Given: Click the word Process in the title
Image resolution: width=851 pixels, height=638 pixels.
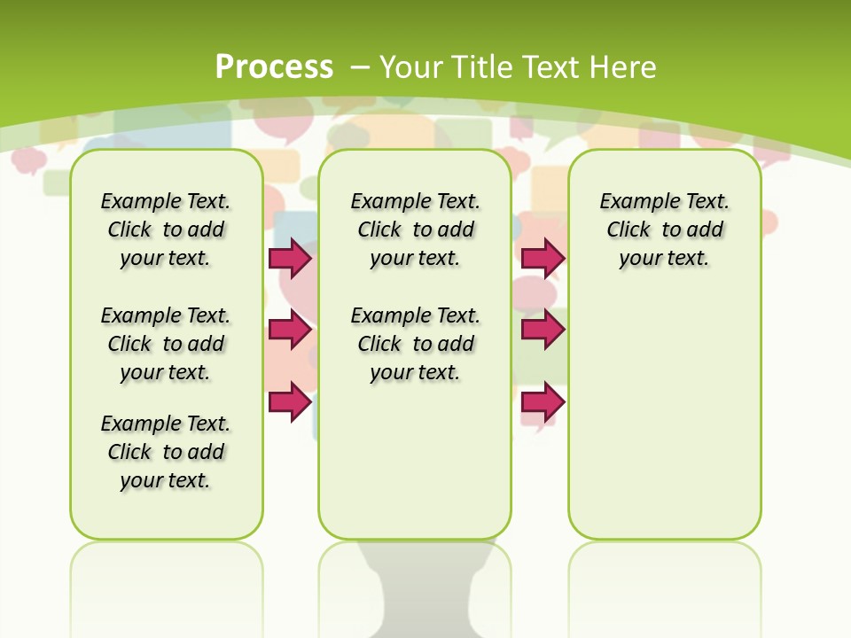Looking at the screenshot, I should pyautogui.click(x=274, y=66).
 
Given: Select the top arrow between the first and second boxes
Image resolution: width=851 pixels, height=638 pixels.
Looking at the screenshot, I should pyautogui.click(x=290, y=258).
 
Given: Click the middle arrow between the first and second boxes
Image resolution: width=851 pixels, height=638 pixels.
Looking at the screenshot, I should pyautogui.click(x=290, y=331).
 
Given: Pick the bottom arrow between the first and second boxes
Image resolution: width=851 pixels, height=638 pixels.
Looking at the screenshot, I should pyautogui.click(x=290, y=401).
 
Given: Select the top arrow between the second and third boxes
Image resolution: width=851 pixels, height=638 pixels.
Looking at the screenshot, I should pyautogui.click(x=543, y=258).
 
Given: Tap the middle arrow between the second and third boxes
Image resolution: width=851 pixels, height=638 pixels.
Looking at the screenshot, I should pyautogui.click(x=543, y=330).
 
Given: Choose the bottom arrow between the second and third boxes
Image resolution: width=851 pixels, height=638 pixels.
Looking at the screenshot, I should pyautogui.click(x=543, y=402).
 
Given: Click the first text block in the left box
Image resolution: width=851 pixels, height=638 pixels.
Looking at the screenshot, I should pyautogui.click(x=166, y=230).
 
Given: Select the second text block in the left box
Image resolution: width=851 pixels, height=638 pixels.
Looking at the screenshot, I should pyautogui.click(x=166, y=344).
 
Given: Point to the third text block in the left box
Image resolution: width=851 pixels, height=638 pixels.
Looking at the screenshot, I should pyautogui.click(x=166, y=452).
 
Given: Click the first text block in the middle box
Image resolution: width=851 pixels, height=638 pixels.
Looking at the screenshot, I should pyautogui.click(x=415, y=230).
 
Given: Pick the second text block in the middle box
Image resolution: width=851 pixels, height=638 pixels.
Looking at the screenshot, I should pyautogui.click(x=415, y=344).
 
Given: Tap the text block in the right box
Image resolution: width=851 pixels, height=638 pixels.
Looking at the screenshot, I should pyautogui.click(x=664, y=230).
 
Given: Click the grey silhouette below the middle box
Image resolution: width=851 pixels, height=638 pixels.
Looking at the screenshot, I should pyautogui.click(x=415, y=594).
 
